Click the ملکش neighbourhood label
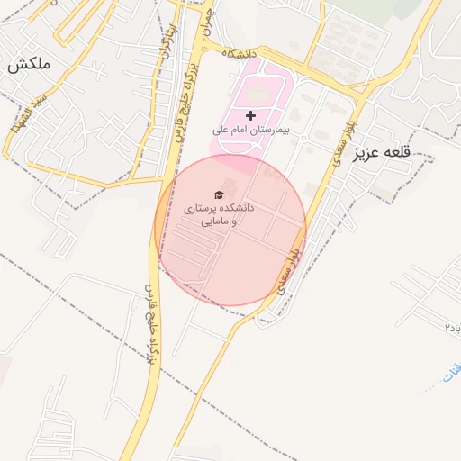29,65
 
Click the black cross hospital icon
250,115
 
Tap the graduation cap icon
219,194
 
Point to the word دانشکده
235,207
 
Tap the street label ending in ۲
451,326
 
